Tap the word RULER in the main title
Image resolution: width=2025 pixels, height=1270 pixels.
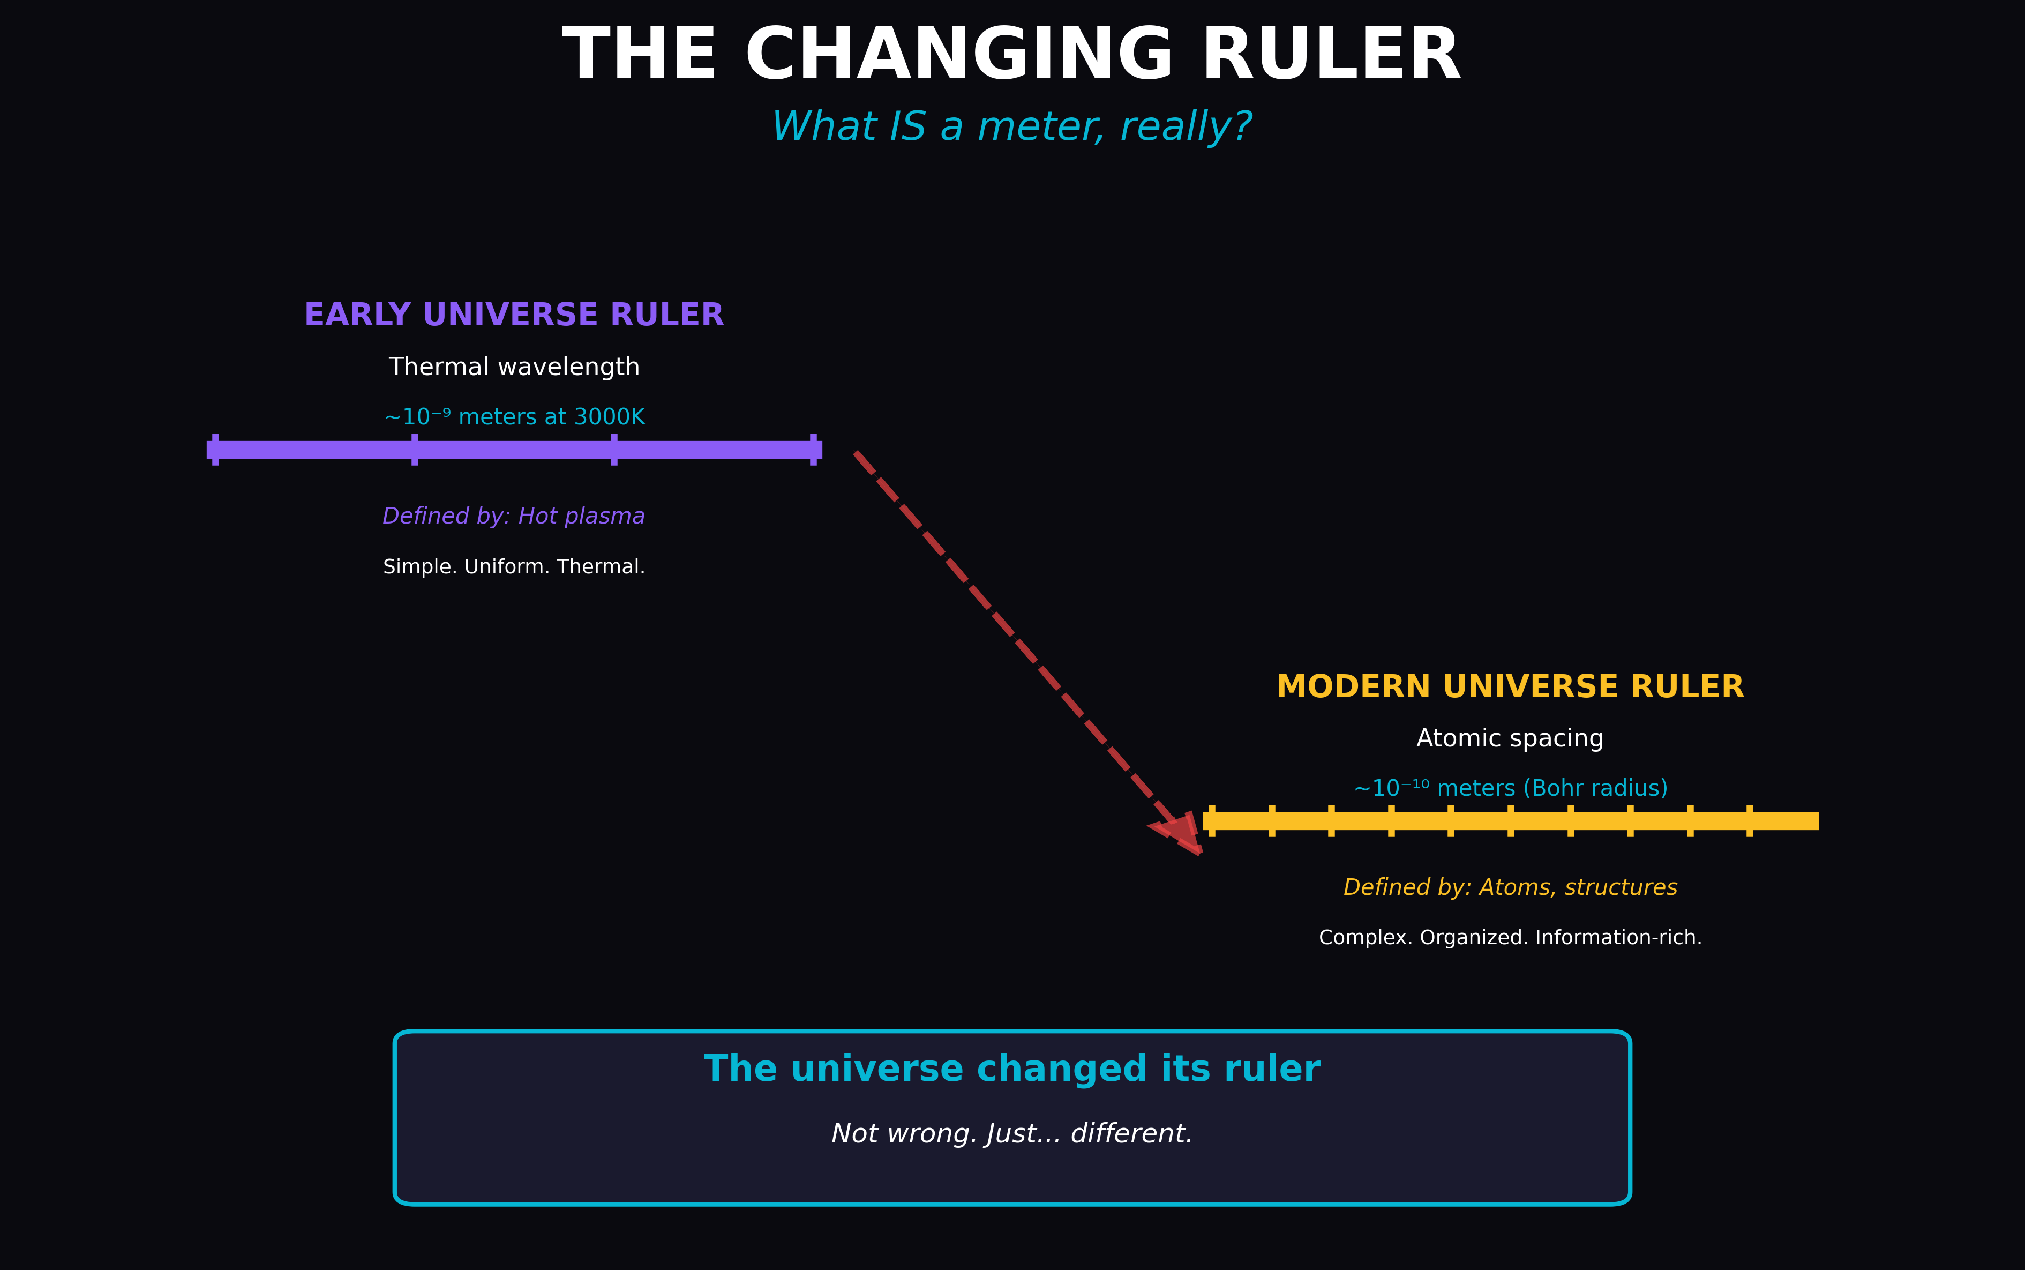[x=1332, y=55]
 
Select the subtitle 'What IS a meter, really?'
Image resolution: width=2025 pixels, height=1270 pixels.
[x=1011, y=127]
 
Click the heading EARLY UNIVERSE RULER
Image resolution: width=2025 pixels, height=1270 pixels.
[x=514, y=315]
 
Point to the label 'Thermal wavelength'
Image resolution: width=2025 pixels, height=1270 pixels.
[x=514, y=367]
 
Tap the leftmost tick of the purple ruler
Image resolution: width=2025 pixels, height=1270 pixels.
[x=216, y=450]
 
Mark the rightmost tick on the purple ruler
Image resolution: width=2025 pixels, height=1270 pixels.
[x=813, y=450]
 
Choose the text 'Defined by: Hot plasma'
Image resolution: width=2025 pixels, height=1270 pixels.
[x=514, y=516]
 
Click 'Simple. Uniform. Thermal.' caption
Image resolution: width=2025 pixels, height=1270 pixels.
[x=514, y=567]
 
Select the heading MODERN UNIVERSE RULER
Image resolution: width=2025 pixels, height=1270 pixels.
[x=1510, y=686]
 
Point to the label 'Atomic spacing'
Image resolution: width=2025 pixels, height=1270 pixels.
[x=1510, y=738]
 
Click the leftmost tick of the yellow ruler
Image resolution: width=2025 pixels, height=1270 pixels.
[x=1211, y=820]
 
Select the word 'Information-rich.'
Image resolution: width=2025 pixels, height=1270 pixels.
[x=1618, y=937]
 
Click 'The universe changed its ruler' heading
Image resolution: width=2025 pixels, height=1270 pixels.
[x=1011, y=1069]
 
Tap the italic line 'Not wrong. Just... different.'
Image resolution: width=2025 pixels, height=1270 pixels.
[x=1011, y=1134]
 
